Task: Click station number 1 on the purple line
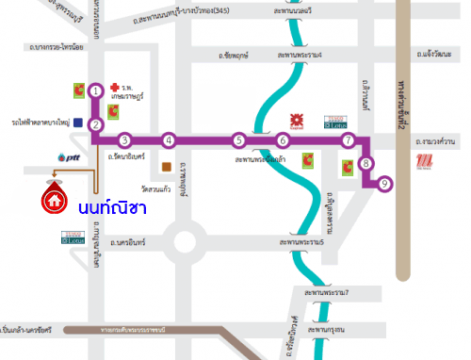coord(96,91)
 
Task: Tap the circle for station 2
coord(96,124)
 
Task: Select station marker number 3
coord(124,140)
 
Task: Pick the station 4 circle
coord(169,140)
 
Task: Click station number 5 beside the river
coord(239,140)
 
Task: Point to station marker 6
coord(282,140)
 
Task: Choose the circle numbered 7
coord(348,140)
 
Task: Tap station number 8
coord(366,163)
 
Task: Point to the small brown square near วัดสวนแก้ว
coord(167,168)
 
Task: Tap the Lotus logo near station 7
coord(336,121)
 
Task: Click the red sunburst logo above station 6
coord(294,120)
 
